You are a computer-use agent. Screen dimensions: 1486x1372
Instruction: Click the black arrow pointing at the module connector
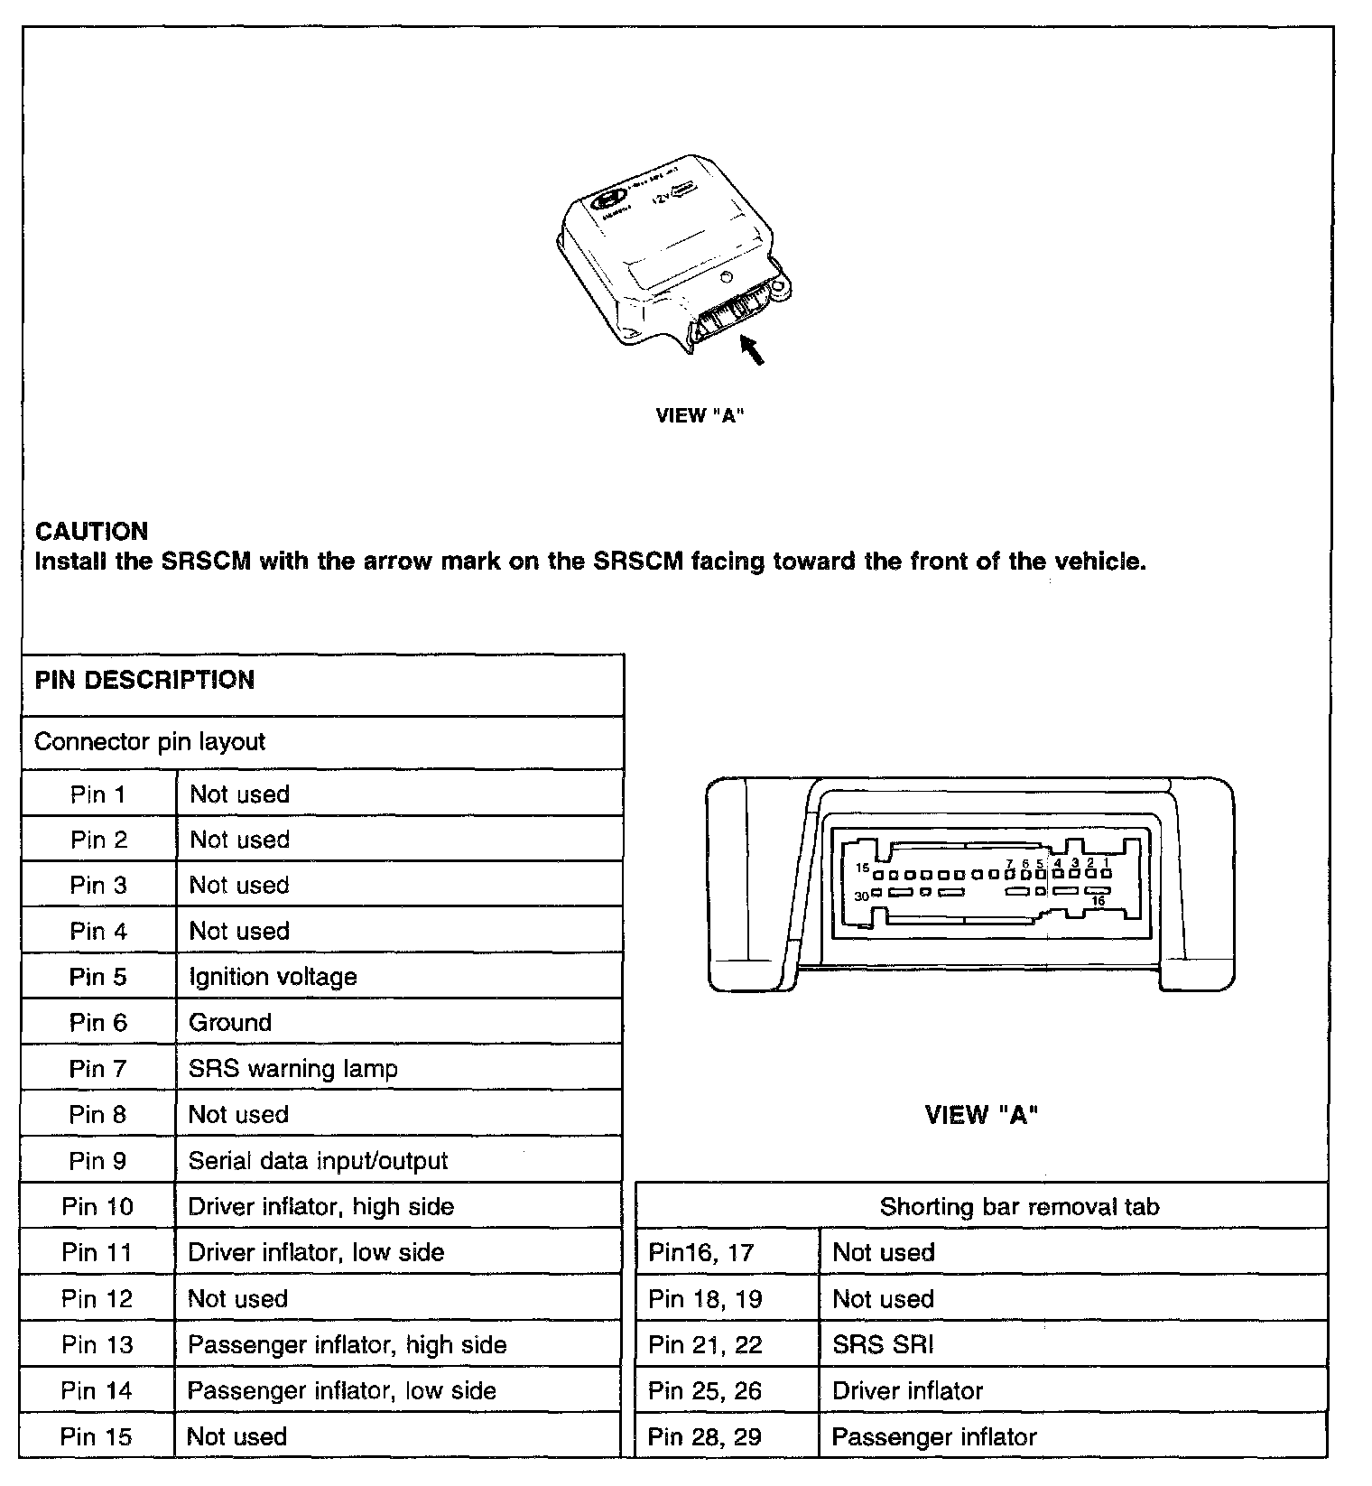pyautogui.click(x=753, y=349)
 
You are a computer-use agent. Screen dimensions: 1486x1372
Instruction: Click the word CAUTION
pyautogui.click(x=91, y=531)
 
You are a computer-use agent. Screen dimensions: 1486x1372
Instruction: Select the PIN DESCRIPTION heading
pyautogui.click(x=144, y=680)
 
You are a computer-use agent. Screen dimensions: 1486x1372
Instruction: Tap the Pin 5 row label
pyautogui.click(x=97, y=977)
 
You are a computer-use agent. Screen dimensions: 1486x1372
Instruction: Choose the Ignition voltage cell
pyautogui.click(x=273, y=977)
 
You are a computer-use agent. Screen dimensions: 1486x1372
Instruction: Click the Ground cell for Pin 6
pyautogui.click(x=230, y=1023)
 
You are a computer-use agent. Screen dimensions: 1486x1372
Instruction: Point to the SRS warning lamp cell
pyautogui.click(x=292, y=1069)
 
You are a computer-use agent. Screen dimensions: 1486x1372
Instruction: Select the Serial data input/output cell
pyautogui.click(x=318, y=1161)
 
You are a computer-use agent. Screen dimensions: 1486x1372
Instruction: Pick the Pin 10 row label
pyautogui.click(x=97, y=1207)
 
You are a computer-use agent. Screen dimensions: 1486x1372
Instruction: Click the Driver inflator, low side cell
pyautogui.click(x=316, y=1253)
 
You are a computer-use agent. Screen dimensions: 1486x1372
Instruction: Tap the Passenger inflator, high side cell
pyautogui.click(x=347, y=1345)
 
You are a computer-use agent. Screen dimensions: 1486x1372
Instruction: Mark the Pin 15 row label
pyautogui.click(x=97, y=1437)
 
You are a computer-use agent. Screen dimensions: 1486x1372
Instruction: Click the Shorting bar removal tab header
pyautogui.click(x=1019, y=1207)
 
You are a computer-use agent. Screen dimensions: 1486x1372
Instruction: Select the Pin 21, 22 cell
pyautogui.click(x=705, y=1345)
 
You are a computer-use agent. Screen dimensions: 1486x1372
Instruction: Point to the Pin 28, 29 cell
pyautogui.click(x=705, y=1437)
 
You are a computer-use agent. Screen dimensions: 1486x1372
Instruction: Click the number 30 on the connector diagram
pyautogui.click(x=861, y=896)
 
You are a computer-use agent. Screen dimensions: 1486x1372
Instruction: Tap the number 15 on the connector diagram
pyautogui.click(x=862, y=868)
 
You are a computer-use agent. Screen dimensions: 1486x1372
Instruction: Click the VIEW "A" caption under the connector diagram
pyautogui.click(x=981, y=1115)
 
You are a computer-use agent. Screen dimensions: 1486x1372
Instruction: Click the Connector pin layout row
pyautogui.click(x=150, y=742)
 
